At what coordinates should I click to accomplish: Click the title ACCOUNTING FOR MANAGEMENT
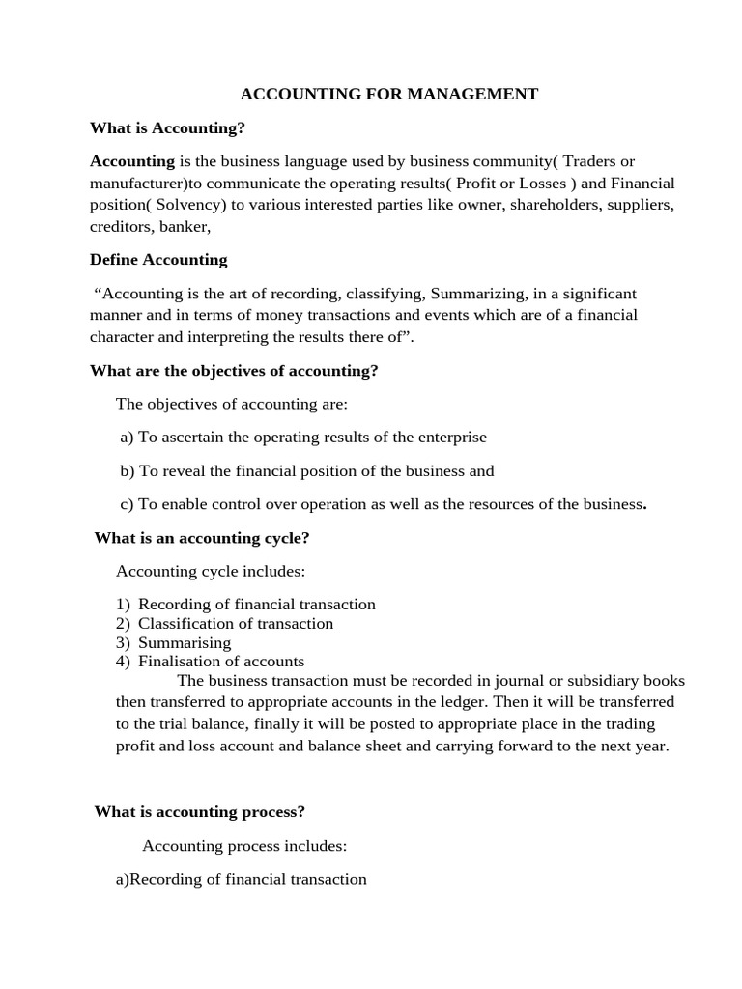tap(388, 94)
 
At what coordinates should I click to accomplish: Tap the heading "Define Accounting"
tap(158, 259)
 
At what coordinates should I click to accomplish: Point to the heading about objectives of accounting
tap(234, 371)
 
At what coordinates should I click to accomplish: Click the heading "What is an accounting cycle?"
tap(201, 538)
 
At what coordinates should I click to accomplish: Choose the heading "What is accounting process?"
tap(199, 812)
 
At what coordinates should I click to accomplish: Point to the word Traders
tap(590, 161)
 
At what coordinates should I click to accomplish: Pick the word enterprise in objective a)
tap(452, 438)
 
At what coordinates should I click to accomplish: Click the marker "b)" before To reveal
tap(128, 471)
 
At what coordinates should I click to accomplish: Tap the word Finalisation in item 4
tap(179, 662)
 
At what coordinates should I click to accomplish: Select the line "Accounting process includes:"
tap(243, 846)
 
